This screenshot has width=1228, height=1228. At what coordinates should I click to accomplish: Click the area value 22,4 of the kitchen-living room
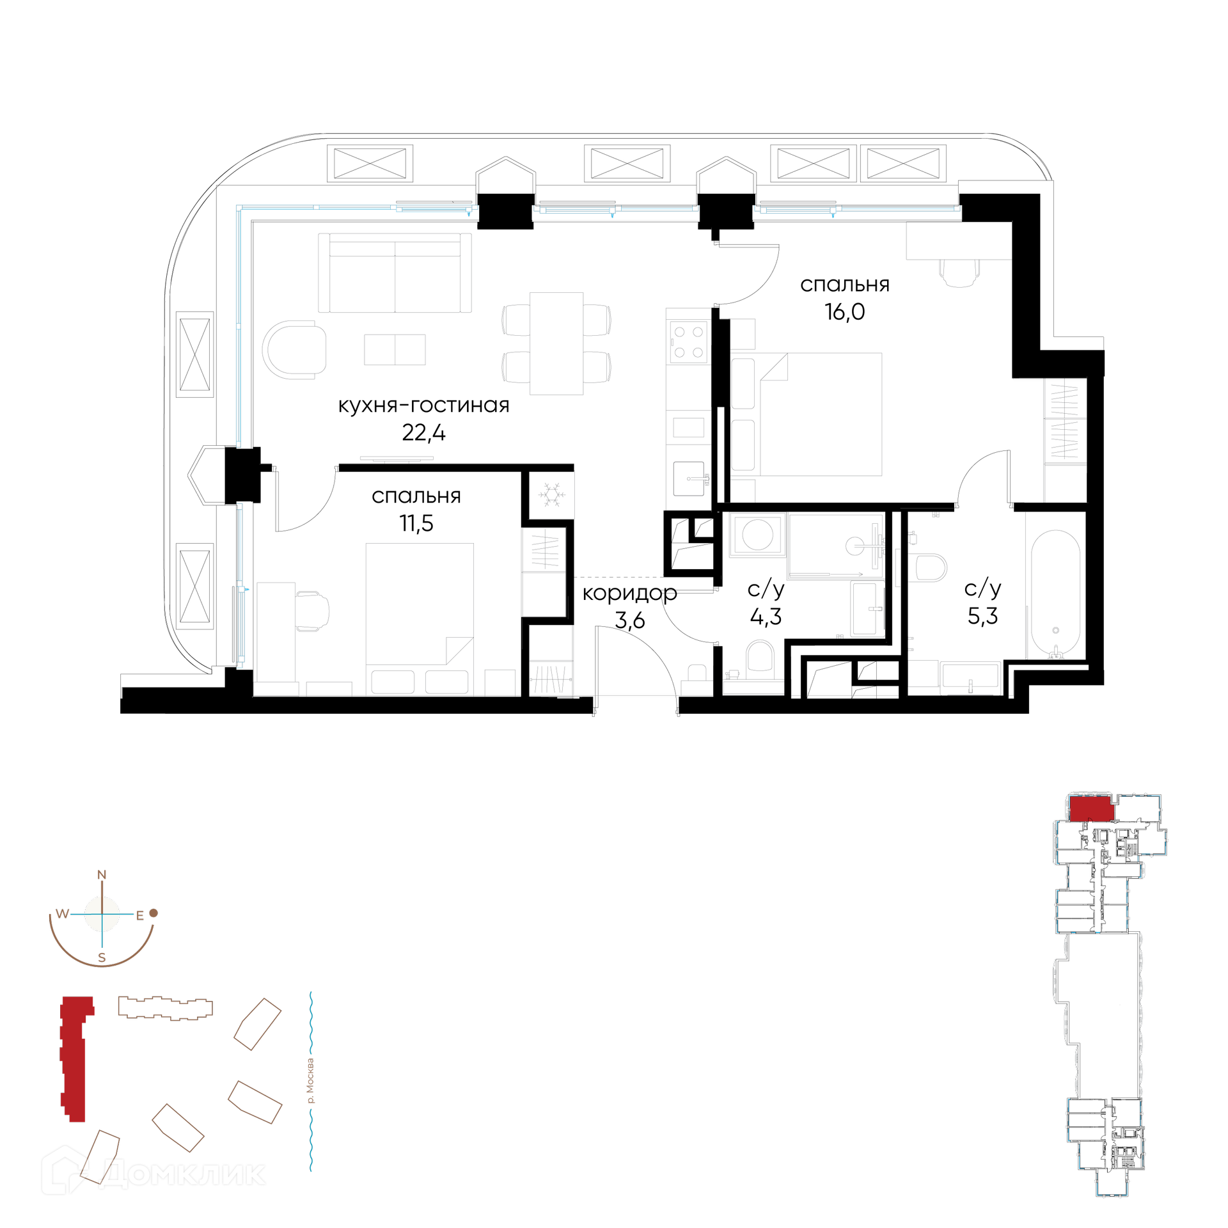pos(423,433)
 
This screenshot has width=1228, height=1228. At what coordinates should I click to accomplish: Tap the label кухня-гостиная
pos(423,405)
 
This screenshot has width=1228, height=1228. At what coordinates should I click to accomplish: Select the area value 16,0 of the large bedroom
pos(844,311)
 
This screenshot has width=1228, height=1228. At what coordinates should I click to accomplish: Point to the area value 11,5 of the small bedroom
pos(416,523)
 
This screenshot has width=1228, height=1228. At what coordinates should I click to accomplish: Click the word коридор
pos(629,594)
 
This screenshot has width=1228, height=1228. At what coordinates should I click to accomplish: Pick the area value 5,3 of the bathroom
pos(982,616)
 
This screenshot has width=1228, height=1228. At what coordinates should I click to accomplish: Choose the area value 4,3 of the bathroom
pos(766,617)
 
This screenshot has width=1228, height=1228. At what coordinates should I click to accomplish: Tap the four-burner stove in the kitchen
pos(689,342)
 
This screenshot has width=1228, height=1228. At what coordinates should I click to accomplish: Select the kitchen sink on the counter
pos(689,478)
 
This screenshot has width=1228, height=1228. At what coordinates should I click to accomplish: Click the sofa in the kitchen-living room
pos(395,273)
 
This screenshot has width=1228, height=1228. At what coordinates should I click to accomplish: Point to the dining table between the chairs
pos(556,343)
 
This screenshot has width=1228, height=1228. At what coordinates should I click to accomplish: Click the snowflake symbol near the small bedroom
pos(551,494)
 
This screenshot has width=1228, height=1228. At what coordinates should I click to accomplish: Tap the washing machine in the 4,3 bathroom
pos(758,534)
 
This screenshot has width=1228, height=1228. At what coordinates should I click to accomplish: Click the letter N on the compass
pos(101,875)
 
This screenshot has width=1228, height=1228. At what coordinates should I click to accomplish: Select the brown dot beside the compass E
pos(153,913)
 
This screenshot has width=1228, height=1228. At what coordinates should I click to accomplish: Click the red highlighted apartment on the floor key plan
pos(1092,808)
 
